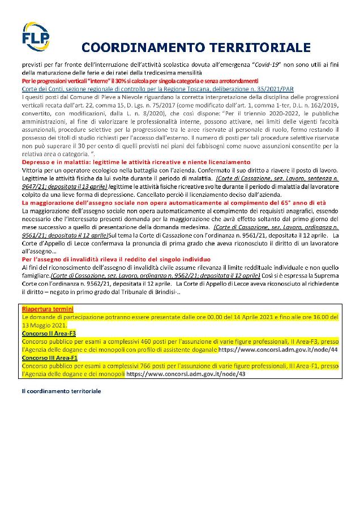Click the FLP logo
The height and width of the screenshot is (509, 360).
tap(35, 36)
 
